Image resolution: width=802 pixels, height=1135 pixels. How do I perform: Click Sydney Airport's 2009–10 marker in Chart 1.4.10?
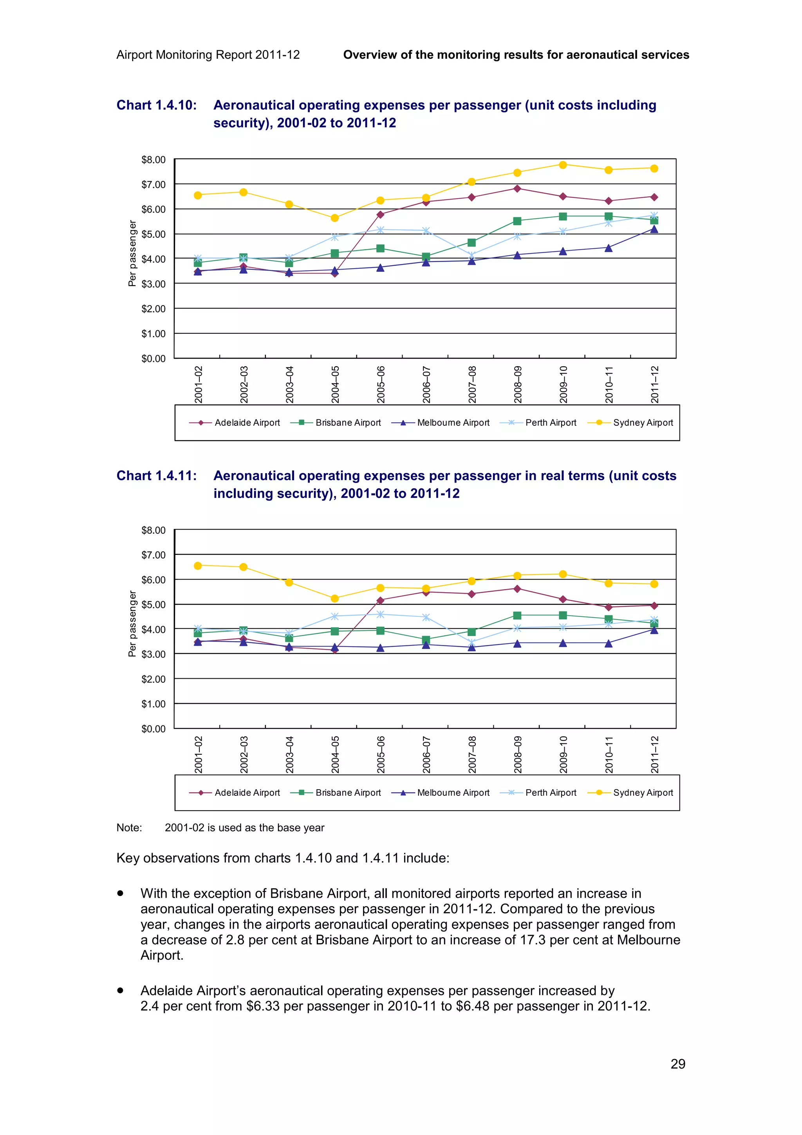pyautogui.click(x=562, y=164)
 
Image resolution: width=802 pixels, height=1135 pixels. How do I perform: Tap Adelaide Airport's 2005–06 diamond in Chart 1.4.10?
pyautogui.click(x=380, y=215)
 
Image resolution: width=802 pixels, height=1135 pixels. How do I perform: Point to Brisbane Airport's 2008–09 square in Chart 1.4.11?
pyautogui.click(x=517, y=615)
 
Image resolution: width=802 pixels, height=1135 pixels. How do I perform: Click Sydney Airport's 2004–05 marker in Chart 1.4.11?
pyautogui.click(x=334, y=599)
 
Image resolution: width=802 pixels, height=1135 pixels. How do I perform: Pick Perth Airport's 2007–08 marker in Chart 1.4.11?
pyautogui.click(x=471, y=643)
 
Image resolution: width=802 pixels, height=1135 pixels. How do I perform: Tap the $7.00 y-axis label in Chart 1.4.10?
pyautogui.click(x=153, y=184)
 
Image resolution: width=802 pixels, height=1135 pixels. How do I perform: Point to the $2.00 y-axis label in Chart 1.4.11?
pyautogui.click(x=153, y=679)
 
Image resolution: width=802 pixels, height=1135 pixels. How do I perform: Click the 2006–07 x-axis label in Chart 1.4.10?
pyautogui.click(x=426, y=384)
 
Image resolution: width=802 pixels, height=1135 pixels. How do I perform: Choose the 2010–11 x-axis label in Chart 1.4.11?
pyautogui.click(x=609, y=754)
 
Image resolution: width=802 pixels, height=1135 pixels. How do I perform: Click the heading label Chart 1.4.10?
pyautogui.click(x=156, y=105)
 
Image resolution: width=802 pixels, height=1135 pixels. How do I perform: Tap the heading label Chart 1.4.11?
pyautogui.click(x=156, y=475)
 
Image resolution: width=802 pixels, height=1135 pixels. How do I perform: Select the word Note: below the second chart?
pyautogui.click(x=129, y=828)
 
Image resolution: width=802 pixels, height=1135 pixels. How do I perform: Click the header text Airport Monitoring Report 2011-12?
pyautogui.click(x=208, y=55)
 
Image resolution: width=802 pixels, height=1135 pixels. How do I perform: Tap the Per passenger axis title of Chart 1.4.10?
pyautogui.click(x=132, y=253)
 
